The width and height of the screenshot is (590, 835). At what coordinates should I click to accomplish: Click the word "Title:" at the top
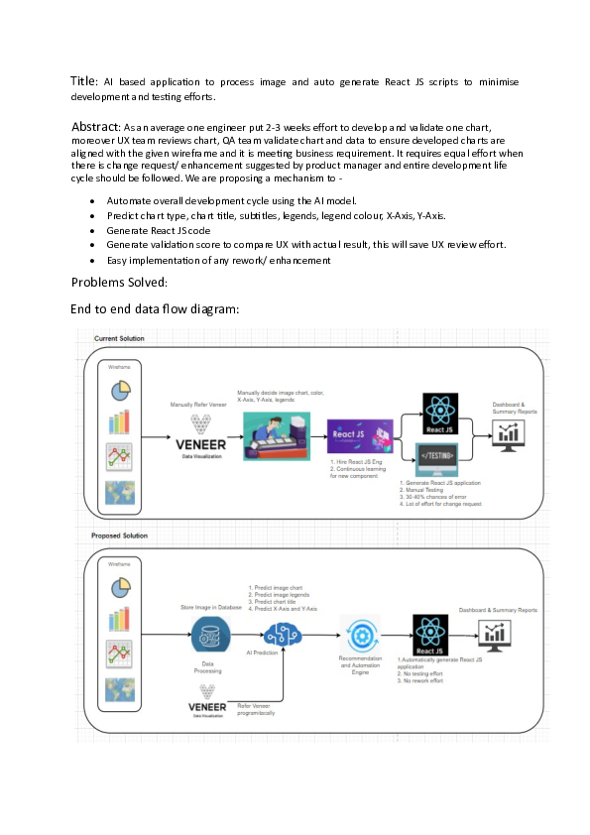click(x=84, y=79)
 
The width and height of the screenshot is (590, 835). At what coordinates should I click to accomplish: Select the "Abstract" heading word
click(x=94, y=127)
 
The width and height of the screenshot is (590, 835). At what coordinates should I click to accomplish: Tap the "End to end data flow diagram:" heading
click(x=155, y=308)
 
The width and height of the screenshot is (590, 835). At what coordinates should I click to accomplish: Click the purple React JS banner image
click(x=360, y=436)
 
